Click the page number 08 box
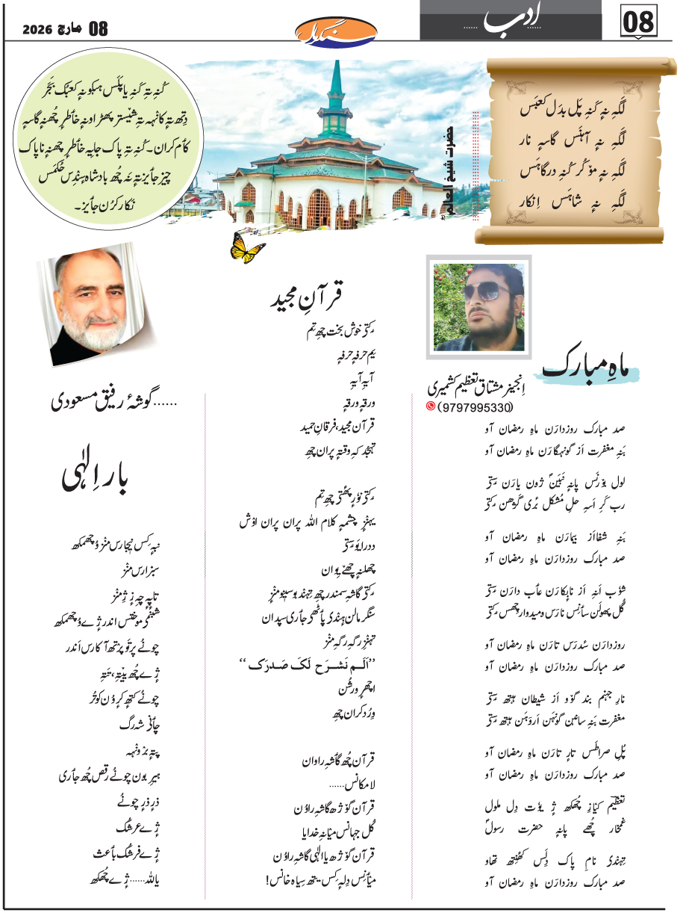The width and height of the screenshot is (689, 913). (x=640, y=22)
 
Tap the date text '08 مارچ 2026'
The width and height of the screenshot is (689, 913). (x=66, y=28)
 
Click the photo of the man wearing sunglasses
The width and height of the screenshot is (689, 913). (x=478, y=303)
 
